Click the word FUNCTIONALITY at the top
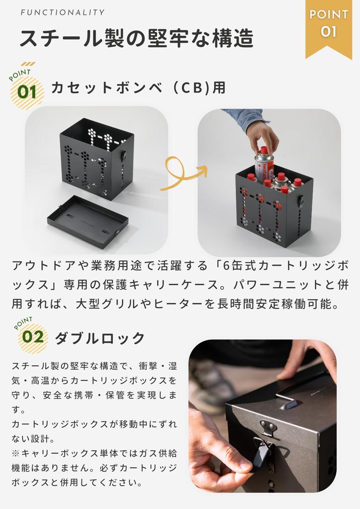point(63,12)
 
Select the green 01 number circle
point(27,92)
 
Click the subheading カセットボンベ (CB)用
point(138,87)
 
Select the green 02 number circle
point(32,337)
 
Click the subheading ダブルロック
point(100,338)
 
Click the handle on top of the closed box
point(292,398)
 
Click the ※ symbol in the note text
point(15,453)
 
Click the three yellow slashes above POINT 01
point(28,64)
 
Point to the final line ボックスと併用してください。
point(77,482)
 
